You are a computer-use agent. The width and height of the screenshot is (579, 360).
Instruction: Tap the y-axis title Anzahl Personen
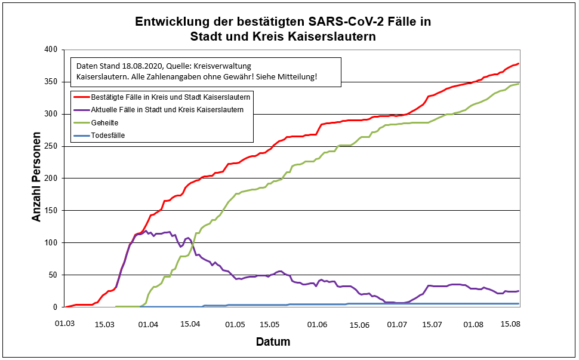click(x=37, y=178)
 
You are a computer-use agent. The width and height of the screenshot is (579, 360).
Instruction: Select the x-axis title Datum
click(x=273, y=342)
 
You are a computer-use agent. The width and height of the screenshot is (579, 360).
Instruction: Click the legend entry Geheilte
click(x=106, y=122)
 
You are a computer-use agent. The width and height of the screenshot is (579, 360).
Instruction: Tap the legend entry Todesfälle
click(x=108, y=136)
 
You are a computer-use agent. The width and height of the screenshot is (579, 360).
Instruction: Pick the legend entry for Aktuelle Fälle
click(x=167, y=109)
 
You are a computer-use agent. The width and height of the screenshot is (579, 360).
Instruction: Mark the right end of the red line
click(x=519, y=63)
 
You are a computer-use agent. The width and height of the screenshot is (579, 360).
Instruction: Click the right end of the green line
click(x=519, y=84)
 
